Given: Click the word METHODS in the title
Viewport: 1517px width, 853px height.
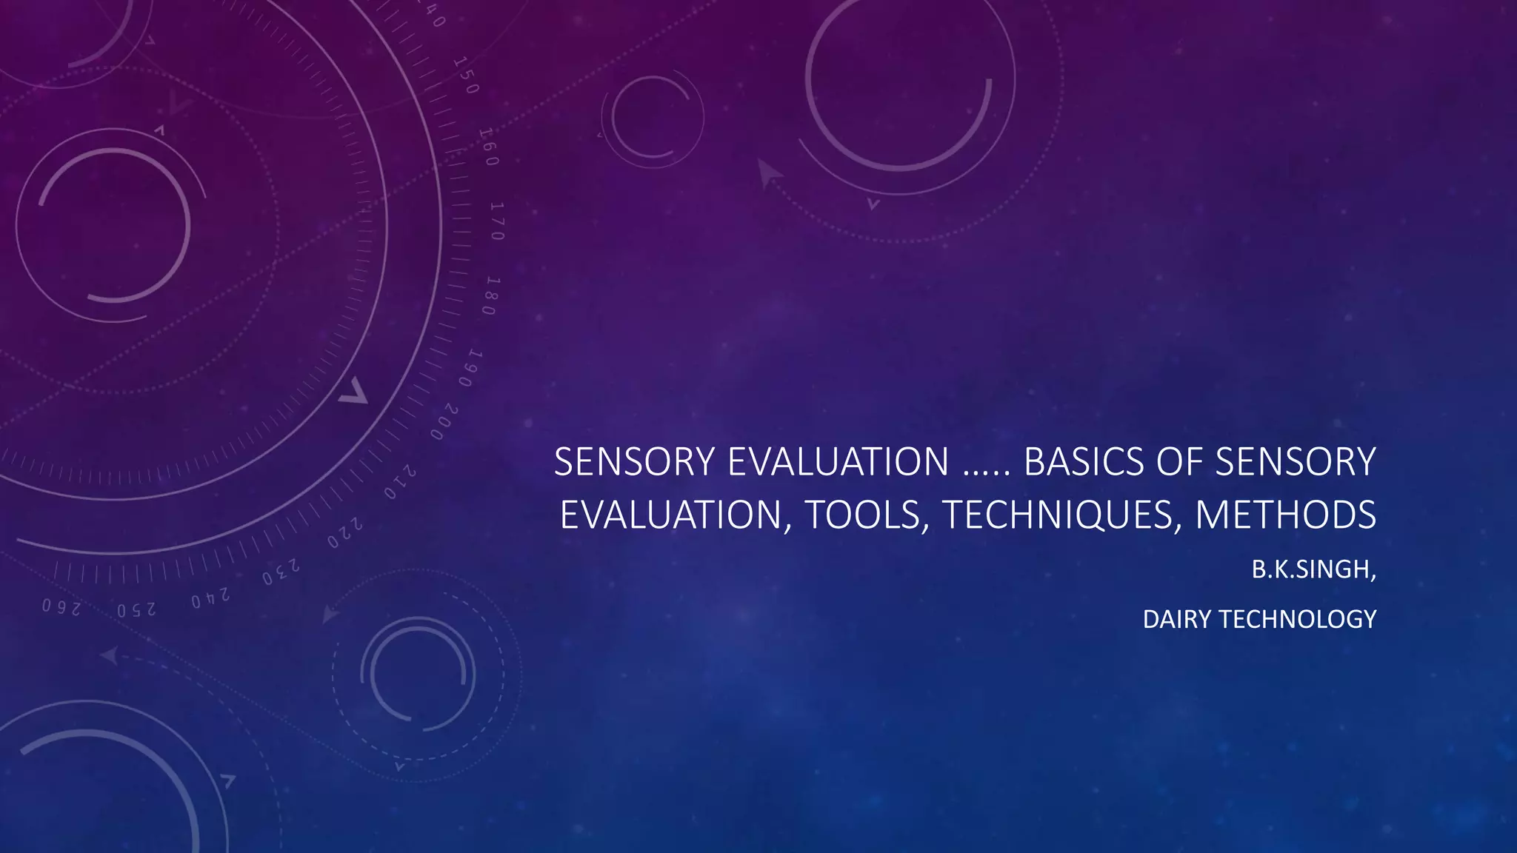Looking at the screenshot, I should coord(1286,515).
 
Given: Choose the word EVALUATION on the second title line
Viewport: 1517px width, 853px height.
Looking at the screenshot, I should coord(671,515).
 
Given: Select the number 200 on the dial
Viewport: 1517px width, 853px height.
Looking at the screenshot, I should coord(444,421).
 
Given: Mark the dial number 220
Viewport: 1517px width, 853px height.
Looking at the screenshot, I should coord(345,533).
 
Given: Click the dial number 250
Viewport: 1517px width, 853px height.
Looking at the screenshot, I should coord(136,609).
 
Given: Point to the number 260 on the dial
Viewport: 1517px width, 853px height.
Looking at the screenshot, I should coord(61,607).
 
